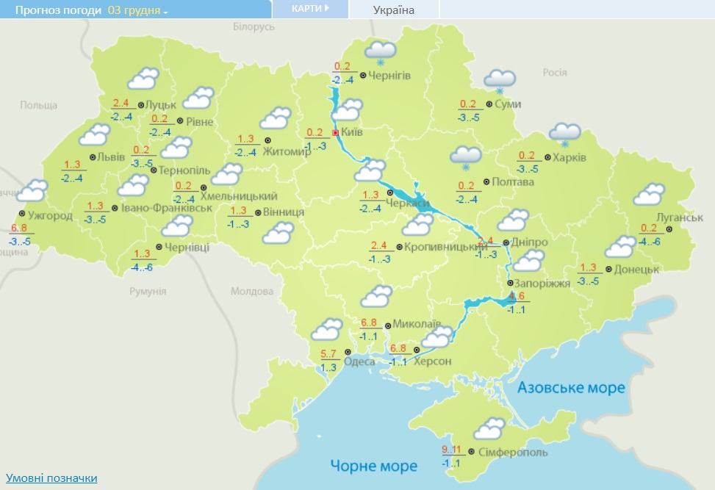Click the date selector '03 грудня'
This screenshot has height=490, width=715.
[x=137, y=10]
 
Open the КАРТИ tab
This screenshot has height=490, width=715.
[x=309, y=9]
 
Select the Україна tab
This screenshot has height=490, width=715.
[x=394, y=10]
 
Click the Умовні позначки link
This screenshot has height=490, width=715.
[x=51, y=478]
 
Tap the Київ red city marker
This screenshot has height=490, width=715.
[x=336, y=133]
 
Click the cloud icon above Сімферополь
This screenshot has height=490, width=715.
[x=489, y=428]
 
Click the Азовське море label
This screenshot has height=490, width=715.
[x=571, y=388]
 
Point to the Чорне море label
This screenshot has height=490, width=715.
[x=373, y=466]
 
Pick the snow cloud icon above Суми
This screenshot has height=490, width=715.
[x=500, y=80]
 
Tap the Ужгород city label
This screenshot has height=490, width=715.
[x=49, y=216]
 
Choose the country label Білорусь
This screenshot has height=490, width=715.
[x=254, y=26]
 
